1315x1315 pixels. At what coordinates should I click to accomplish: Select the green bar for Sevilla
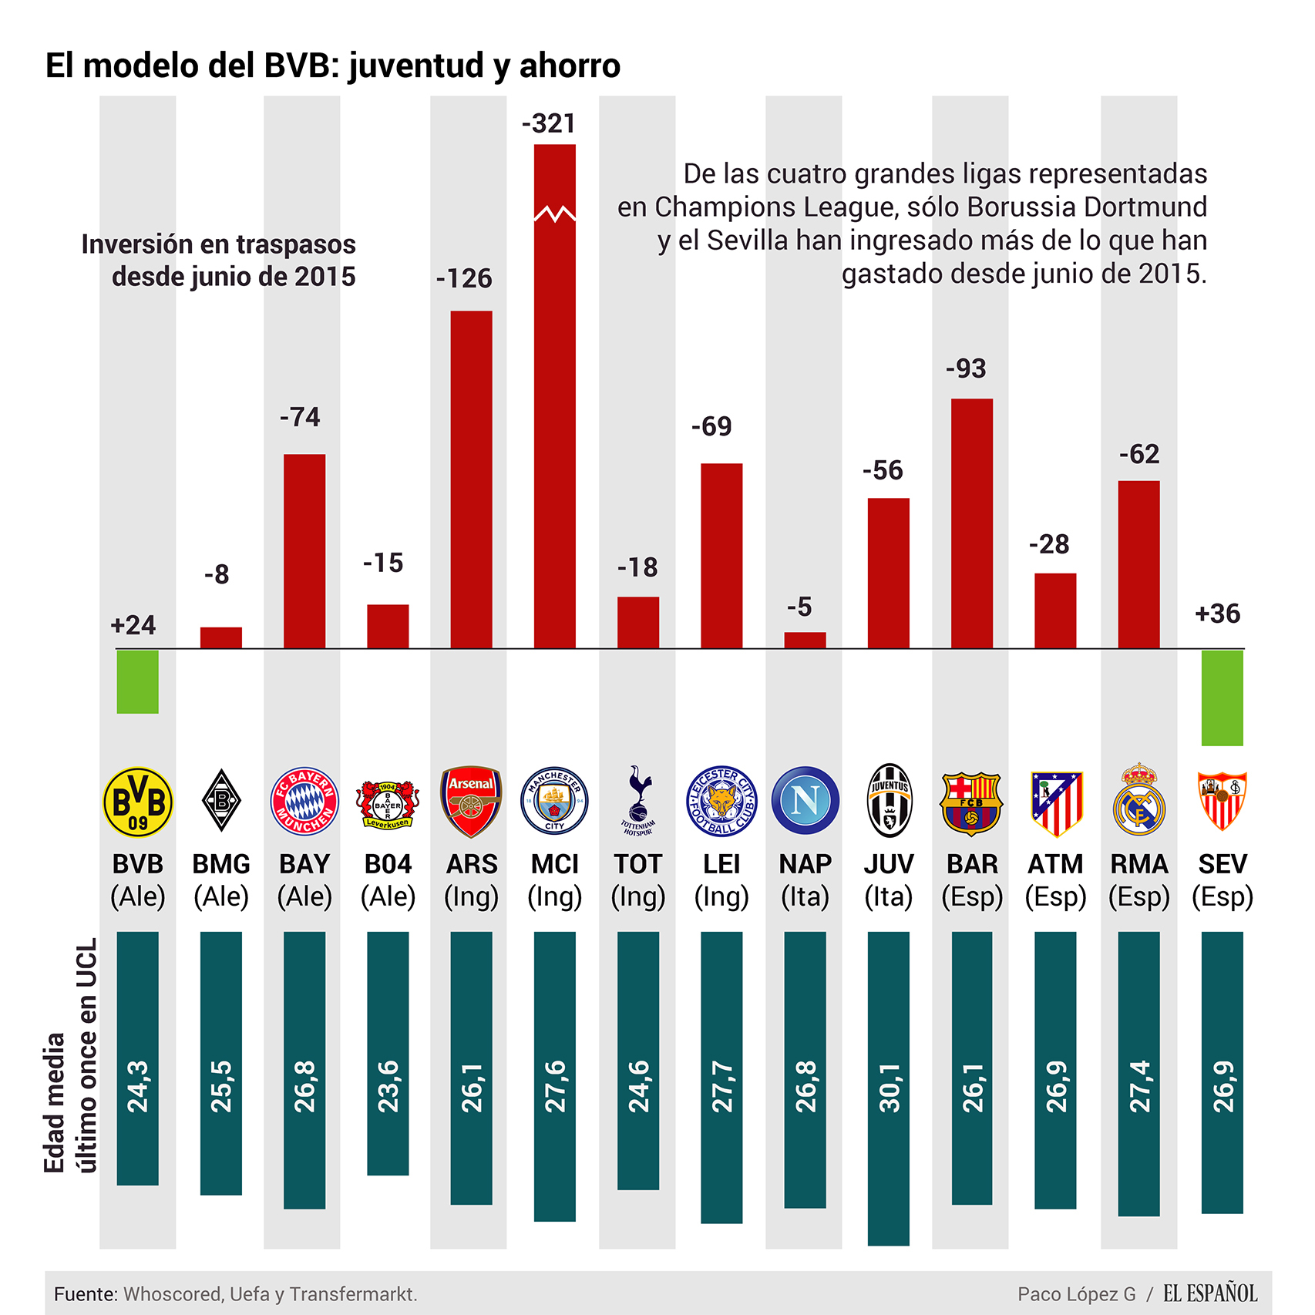[x=1222, y=698]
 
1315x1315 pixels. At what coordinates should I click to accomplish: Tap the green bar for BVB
[x=138, y=681]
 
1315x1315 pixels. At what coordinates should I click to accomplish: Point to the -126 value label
[x=464, y=278]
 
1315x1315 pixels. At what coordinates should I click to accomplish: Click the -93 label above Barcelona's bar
[x=966, y=368]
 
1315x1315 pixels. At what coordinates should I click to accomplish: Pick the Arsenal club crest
[x=471, y=802]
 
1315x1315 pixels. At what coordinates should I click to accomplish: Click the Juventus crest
[x=889, y=802]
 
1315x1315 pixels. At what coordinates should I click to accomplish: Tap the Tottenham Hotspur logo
[x=637, y=802]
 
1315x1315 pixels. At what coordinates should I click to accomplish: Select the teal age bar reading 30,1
[x=889, y=1087]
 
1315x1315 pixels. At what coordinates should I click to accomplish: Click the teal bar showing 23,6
[x=388, y=1053]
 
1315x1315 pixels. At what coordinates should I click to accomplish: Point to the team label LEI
[x=721, y=864]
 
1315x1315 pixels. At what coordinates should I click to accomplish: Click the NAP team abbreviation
[x=805, y=864]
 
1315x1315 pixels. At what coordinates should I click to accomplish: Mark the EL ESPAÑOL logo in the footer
[x=1209, y=1293]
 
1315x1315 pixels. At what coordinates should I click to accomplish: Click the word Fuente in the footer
[x=85, y=1294]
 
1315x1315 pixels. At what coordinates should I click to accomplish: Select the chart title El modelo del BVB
[x=332, y=66]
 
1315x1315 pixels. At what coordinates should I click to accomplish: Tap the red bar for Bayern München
[x=304, y=551]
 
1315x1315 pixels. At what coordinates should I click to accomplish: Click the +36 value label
[x=1217, y=614]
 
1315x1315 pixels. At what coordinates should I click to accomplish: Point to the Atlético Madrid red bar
[x=1055, y=610]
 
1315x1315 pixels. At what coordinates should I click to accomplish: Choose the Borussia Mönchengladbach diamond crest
[x=221, y=801]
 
